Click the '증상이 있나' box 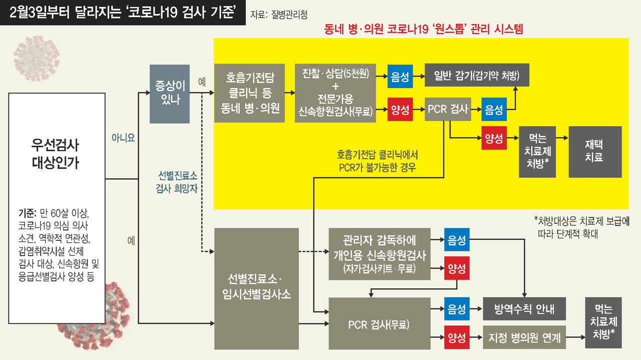(170, 94)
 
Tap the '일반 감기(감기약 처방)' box (477, 76)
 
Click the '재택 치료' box (595, 152)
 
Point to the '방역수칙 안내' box (524, 308)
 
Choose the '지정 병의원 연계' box (524, 337)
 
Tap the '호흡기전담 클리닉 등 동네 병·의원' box (249, 93)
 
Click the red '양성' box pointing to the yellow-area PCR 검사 (400, 110)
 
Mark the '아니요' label (123, 138)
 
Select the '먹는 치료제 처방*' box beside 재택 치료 (537, 152)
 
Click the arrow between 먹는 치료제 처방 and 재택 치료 (562, 138)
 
